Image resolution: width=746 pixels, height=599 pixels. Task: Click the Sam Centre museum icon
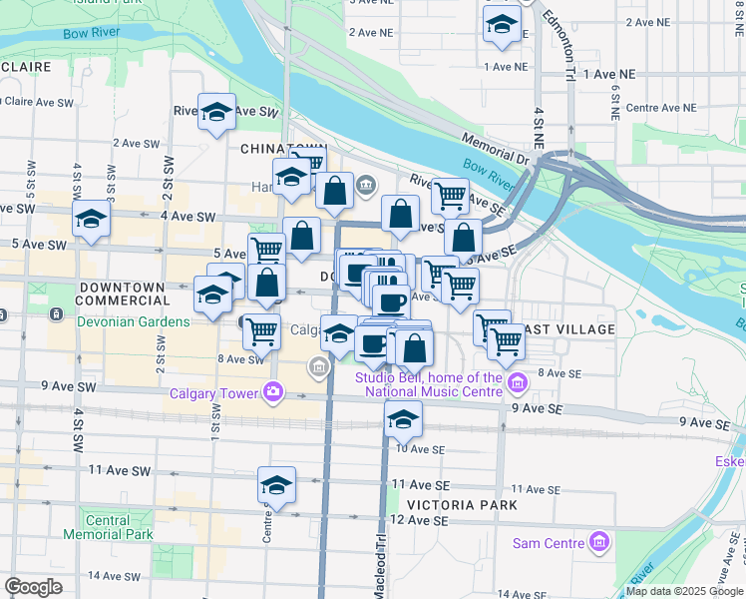pyautogui.click(x=598, y=543)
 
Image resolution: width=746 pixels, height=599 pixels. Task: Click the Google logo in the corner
pyautogui.click(x=33, y=587)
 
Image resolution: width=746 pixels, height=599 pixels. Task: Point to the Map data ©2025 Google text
pyautogui.click(x=684, y=591)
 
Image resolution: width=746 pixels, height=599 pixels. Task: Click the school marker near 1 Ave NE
pyautogui.click(x=501, y=25)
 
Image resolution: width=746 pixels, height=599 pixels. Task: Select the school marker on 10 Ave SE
pyautogui.click(x=403, y=420)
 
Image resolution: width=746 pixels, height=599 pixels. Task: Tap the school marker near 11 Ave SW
pyautogui.click(x=276, y=486)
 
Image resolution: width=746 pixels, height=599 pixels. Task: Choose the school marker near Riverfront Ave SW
pyautogui.click(x=215, y=113)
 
